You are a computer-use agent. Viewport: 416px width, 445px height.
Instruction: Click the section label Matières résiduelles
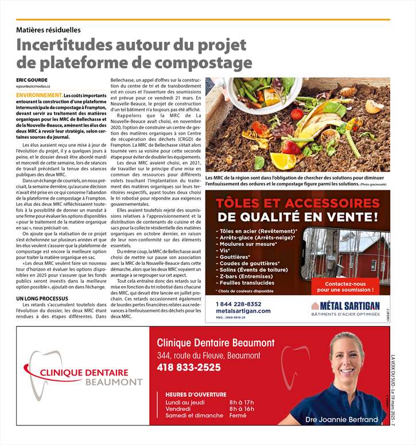(48, 29)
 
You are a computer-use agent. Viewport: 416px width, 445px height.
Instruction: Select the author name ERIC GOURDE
(32, 80)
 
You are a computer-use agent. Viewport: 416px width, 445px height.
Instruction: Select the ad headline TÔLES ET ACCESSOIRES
(298, 204)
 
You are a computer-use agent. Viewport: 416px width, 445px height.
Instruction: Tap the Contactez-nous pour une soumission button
(345, 287)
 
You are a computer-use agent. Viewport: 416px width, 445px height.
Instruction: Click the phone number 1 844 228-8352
(239, 304)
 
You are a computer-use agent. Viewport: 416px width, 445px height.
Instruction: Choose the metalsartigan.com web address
(243, 311)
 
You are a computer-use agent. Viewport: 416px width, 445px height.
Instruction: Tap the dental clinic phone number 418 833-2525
(189, 368)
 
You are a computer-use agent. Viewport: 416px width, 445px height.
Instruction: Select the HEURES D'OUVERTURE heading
(196, 394)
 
